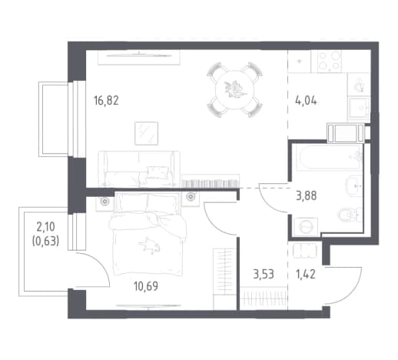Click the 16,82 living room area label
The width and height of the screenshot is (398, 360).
[106, 101]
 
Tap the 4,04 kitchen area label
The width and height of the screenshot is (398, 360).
[306, 101]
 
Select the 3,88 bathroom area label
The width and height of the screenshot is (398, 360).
[307, 196]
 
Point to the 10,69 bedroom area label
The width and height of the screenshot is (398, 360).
[146, 286]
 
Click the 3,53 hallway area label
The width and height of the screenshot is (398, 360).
[264, 275]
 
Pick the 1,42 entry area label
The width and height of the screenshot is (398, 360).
[306, 275]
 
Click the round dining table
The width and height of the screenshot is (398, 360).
[234, 90]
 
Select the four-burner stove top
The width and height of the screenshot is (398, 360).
[330, 61]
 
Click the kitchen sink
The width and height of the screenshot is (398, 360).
[359, 108]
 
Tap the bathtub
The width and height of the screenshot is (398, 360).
[330, 158]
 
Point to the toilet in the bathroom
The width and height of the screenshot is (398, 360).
[350, 215]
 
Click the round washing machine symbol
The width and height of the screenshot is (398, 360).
[306, 227]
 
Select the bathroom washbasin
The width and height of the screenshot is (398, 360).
[354, 186]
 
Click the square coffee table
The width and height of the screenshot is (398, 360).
[147, 133]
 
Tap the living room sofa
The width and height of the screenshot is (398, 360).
[139, 168]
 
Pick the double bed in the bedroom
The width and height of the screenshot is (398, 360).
[148, 234]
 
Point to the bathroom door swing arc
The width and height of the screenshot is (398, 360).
[267, 203]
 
